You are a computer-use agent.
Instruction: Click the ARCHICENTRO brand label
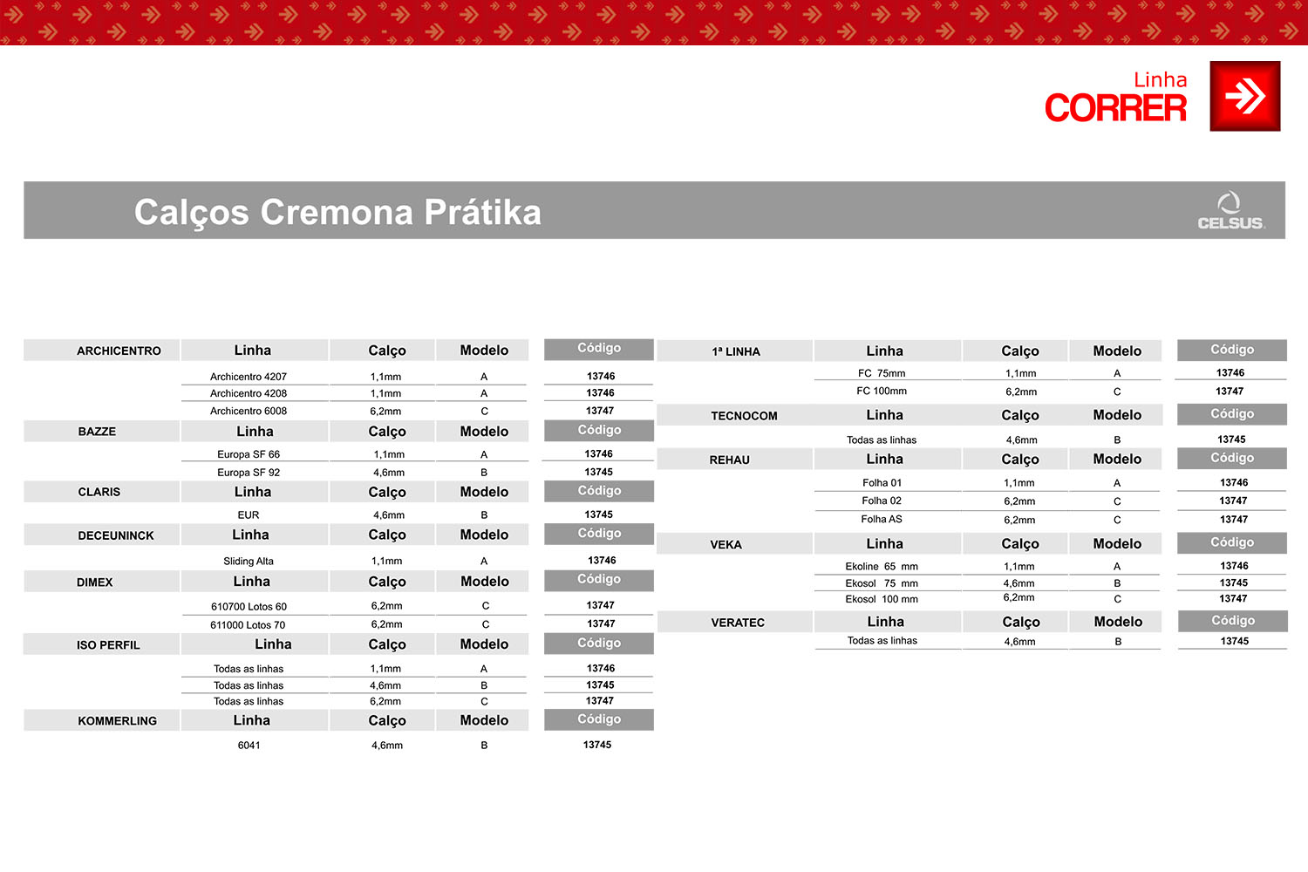119,351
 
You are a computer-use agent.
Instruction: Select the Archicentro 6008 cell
249,411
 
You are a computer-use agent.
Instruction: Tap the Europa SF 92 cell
249,473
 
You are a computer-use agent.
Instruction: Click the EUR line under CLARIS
249,515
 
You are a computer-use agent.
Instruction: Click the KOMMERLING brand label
117,721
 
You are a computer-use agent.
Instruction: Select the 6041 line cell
249,746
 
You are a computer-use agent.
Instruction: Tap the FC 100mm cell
882,392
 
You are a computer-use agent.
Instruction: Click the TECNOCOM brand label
744,416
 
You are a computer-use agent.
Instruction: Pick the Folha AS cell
882,519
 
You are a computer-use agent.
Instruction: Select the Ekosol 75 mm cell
882,583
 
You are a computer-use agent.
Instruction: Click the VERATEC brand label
738,623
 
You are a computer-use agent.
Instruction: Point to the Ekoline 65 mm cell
882,567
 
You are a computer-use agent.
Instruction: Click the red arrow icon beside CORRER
1244,96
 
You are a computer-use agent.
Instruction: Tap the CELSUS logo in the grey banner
1230,211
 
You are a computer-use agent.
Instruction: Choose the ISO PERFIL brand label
108,645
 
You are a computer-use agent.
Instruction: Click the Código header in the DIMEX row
599,579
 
